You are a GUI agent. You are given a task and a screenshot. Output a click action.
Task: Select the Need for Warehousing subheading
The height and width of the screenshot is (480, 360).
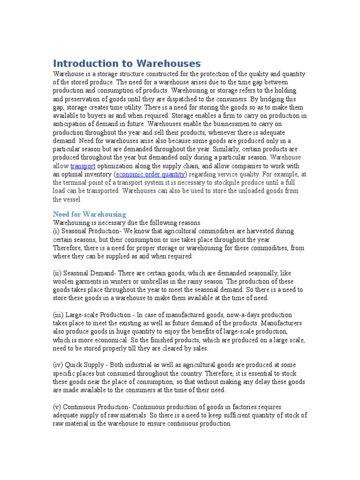(x=89, y=214)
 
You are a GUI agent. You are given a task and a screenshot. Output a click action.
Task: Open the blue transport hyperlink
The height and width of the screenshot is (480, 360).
(x=83, y=166)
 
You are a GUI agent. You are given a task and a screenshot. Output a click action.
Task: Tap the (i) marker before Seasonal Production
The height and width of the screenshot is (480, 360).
(x=57, y=231)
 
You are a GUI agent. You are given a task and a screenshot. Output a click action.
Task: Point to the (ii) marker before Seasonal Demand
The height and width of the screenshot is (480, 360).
(x=58, y=273)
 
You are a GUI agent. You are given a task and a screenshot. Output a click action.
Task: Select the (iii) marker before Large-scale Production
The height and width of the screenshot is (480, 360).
(x=59, y=315)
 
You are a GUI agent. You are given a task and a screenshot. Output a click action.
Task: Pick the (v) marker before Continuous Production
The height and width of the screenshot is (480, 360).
(x=57, y=406)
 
